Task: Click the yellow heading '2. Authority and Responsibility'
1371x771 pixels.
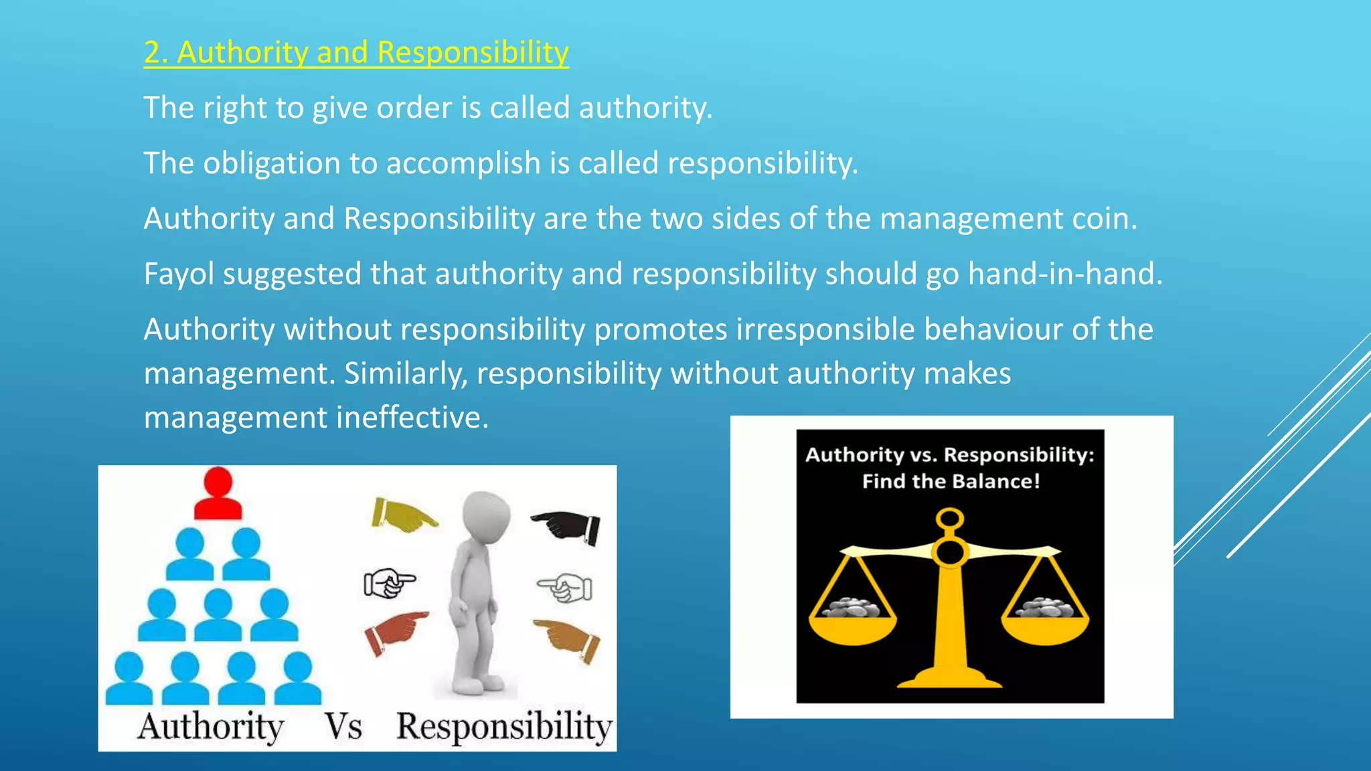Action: coord(356,52)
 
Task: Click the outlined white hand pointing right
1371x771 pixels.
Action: coord(389,583)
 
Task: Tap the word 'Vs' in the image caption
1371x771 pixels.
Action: coord(343,727)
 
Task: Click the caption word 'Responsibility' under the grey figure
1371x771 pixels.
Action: coord(504,727)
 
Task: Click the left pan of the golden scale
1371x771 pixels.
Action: coord(852,626)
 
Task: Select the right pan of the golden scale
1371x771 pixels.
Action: coord(1045,626)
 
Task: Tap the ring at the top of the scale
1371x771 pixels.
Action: coord(950,519)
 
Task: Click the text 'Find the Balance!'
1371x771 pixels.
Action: coord(951,481)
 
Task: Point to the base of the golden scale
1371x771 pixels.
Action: coord(950,677)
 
